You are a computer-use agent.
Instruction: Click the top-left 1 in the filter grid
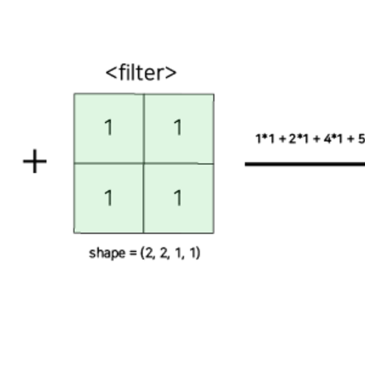[109, 127]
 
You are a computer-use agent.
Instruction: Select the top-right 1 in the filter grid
[178, 127]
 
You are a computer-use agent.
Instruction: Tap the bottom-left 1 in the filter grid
[109, 198]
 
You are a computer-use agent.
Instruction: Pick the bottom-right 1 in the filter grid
[178, 198]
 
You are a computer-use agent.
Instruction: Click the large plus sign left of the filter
[35, 161]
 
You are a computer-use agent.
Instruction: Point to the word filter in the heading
[141, 72]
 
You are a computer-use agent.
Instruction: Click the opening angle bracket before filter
[112, 73]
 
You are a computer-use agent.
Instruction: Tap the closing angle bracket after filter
[171, 73]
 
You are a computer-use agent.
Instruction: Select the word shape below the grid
[107, 253]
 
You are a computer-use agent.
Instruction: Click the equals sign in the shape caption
[133, 253]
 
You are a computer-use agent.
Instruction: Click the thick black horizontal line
[305, 164]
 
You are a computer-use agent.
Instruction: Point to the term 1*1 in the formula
[265, 139]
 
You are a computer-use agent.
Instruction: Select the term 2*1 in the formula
[299, 139]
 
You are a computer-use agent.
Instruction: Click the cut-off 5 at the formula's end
[362, 139]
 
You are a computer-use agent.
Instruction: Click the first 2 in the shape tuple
[149, 253]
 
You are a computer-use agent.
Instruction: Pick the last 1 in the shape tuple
[193, 253]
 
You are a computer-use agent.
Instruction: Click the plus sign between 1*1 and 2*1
[282, 139]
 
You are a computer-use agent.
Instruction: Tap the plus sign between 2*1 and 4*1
[316, 139]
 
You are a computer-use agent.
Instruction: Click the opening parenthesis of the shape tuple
[142, 253]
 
